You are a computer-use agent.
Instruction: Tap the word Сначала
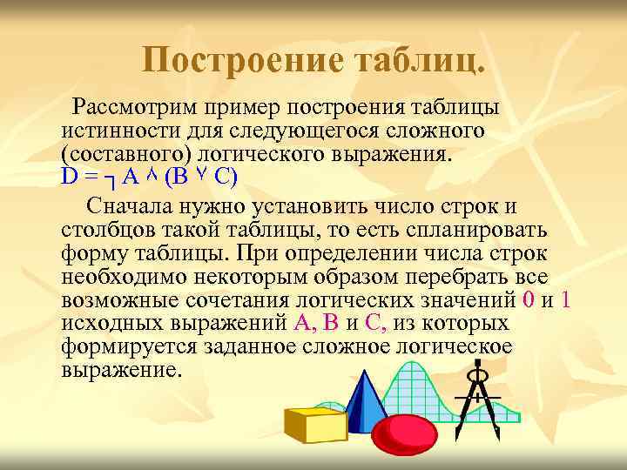(136, 206)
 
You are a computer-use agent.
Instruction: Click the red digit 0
(528, 300)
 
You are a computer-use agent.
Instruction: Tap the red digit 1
(566, 300)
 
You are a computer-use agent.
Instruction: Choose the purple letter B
(330, 324)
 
